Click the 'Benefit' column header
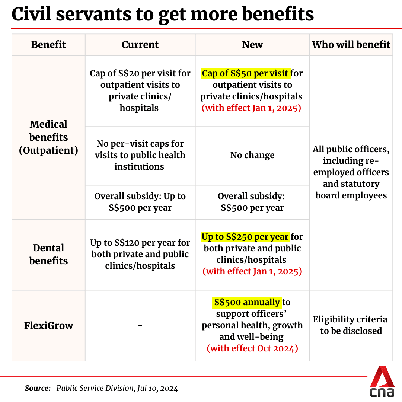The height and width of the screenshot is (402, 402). pyautogui.click(x=48, y=45)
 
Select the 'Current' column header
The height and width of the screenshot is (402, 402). pyautogui.click(x=140, y=45)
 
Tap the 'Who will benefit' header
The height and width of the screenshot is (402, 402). pyautogui.click(x=351, y=45)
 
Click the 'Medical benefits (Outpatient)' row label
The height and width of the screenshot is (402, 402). pyautogui.click(x=48, y=137)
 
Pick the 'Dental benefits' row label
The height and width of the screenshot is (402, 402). pyautogui.click(x=48, y=254)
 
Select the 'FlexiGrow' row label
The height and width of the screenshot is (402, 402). pyautogui.click(x=48, y=326)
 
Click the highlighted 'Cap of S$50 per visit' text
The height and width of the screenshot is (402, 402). pyautogui.click(x=245, y=73)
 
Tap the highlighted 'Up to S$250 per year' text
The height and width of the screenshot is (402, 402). pyautogui.click(x=245, y=237)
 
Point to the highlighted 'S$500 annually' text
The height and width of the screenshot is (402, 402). pyautogui.click(x=247, y=302)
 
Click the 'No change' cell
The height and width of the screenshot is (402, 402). pyautogui.click(x=252, y=155)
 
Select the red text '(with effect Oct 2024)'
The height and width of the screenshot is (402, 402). pyautogui.click(x=252, y=349)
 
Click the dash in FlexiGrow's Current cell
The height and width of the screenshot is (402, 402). pyautogui.click(x=140, y=326)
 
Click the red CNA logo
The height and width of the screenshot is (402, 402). pyautogui.click(x=382, y=381)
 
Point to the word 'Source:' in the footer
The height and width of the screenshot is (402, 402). pyautogui.click(x=38, y=389)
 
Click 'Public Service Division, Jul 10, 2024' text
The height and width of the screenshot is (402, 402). pyautogui.click(x=117, y=389)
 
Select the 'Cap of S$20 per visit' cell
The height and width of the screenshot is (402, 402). pyautogui.click(x=140, y=90)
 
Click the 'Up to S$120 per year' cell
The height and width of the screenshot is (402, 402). pyautogui.click(x=140, y=254)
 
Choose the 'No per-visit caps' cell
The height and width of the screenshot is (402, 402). pyautogui.click(x=140, y=155)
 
